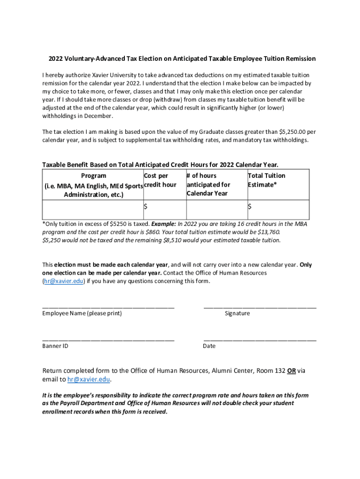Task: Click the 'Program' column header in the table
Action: (x=94, y=176)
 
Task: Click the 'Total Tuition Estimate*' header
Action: (x=266, y=180)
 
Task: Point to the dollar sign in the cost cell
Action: (x=145, y=206)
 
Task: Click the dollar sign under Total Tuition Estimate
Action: (x=250, y=206)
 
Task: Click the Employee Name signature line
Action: (x=108, y=307)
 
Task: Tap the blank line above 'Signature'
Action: (x=260, y=307)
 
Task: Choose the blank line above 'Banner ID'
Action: (x=108, y=340)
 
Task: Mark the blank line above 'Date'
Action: (x=260, y=340)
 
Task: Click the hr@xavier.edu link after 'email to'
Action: (x=89, y=379)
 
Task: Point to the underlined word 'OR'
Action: (x=291, y=371)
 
